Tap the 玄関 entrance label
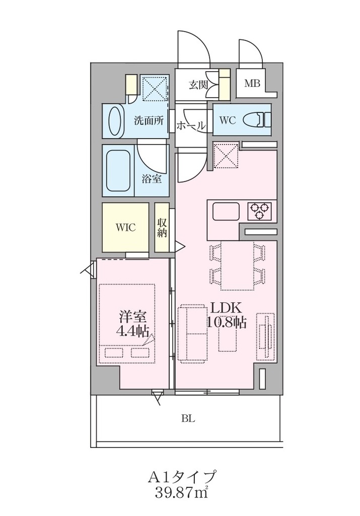[198, 85]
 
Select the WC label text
[228, 120]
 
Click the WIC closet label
[125, 227]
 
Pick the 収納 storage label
[162, 227]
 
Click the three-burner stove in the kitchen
[260, 211]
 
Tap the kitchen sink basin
[226, 211]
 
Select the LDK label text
[226, 308]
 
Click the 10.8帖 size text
[226, 322]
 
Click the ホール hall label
[191, 125]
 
